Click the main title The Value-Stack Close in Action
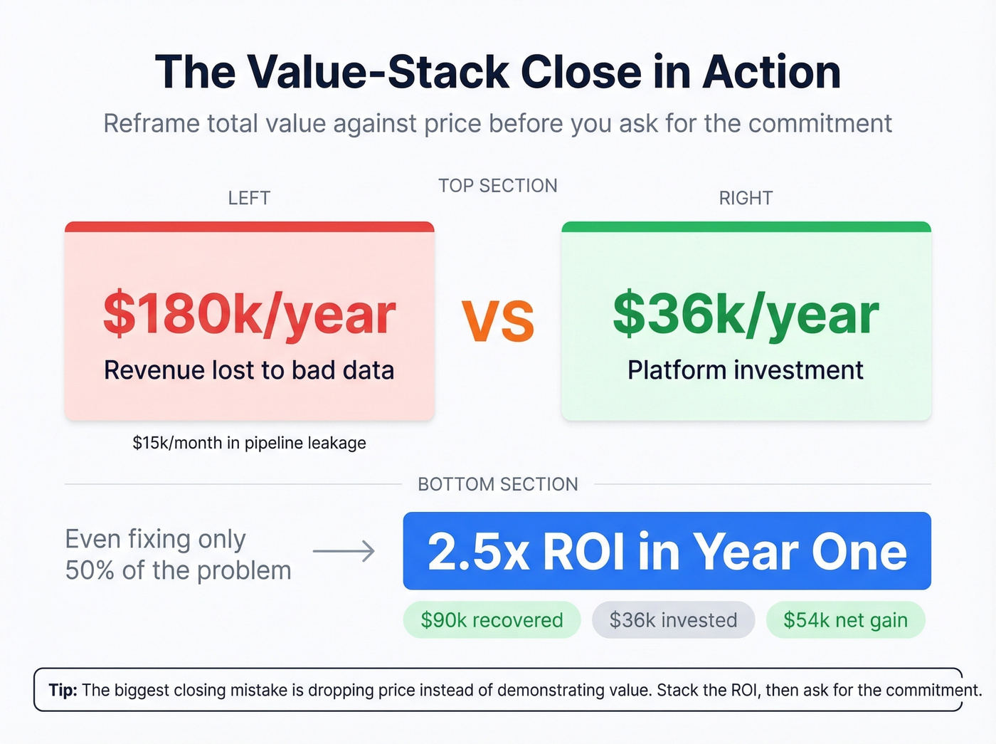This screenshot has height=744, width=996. tap(498, 72)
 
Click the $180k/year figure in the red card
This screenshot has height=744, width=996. tap(249, 314)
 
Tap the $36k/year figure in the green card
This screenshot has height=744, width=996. tap(746, 314)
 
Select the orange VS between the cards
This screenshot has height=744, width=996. tap(498, 321)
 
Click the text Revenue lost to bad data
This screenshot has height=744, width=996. tap(249, 370)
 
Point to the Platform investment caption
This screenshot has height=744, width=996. tap(746, 370)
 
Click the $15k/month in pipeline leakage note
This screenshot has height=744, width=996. tap(249, 443)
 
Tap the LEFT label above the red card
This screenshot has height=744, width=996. tap(249, 198)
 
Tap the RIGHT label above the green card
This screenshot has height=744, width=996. tap(746, 198)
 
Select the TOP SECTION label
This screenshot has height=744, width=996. tap(498, 186)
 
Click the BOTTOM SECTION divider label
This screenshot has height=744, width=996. tap(498, 484)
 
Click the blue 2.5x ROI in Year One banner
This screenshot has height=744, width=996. tap(667, 551)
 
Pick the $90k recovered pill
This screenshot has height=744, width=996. tap(492, 620)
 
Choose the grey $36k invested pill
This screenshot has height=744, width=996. tap(673, 620)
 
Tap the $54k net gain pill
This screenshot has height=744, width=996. tap(845, 620)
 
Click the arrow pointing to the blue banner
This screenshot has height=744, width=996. tap(344, 551)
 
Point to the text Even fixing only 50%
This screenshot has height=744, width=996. tap(178, 555)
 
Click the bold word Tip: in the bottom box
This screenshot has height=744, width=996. tap(63, 690)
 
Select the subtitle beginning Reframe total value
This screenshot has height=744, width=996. tap(498, 123)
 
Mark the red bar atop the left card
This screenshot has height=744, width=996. tap(249, 227)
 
